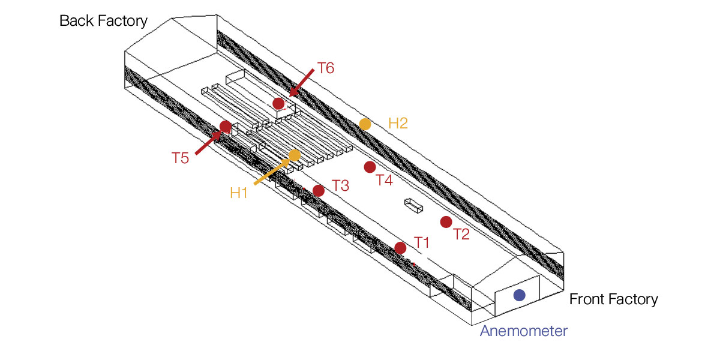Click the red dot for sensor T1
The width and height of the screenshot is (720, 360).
tap(400, 248)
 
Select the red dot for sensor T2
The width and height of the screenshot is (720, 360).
tap(446, 222)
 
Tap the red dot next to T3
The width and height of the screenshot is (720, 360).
tap(319, 191)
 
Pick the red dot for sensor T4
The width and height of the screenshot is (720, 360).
tap(370, 167)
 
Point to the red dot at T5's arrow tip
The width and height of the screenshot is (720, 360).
tap(226, 127)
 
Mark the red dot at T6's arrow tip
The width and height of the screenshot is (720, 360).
tap(278, 103)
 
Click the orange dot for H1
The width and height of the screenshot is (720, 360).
tap(295, 155)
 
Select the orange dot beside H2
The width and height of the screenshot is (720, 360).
tap(365, 124)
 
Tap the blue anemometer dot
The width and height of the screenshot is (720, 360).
tap(520, 295)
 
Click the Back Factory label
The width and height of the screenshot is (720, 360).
tap(103, 21)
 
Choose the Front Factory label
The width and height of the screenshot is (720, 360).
tap(614, 299)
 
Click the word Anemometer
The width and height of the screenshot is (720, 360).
tap(524, 331)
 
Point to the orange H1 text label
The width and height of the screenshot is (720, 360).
tap(239, 193)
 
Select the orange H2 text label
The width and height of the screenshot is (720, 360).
tap(398, 123)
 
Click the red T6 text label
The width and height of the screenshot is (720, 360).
tap(326, 68)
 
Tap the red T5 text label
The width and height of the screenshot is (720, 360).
tap(180, 158)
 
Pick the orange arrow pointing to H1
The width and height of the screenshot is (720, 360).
tap(272, 172)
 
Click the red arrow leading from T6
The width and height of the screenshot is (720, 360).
tap(301, 83)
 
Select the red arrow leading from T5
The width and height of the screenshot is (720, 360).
tap(208, 143)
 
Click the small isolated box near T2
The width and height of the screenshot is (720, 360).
tap(413, 205)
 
